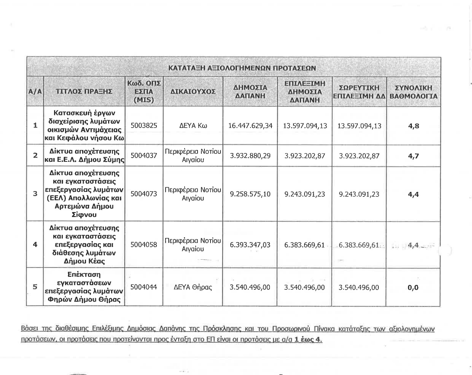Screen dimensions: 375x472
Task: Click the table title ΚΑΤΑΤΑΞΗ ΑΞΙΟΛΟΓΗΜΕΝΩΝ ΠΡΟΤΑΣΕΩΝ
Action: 242,68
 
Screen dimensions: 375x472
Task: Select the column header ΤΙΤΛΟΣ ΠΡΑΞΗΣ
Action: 84,91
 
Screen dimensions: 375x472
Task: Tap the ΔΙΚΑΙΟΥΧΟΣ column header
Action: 193,91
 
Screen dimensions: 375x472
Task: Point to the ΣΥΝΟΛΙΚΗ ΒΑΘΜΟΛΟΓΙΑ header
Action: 413,92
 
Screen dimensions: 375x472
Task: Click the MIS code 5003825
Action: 144,126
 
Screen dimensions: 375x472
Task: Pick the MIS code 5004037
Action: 144,156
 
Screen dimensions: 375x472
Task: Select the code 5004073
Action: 144,194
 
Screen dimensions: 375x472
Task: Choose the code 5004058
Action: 144,245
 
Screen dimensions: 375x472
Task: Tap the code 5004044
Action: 144,287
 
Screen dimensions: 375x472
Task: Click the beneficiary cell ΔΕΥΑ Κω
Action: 193,126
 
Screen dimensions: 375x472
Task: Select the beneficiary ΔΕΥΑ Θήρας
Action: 193,287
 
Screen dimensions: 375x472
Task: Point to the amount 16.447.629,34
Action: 250,126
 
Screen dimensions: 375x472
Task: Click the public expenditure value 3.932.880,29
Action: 250,156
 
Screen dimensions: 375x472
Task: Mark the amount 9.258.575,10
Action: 250,194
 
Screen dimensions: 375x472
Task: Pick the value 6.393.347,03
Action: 250,245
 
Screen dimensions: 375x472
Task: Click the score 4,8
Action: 413,126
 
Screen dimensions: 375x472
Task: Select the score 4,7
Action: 413,156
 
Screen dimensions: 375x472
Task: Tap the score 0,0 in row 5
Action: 413,287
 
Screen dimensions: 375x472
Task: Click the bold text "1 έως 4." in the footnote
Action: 308,340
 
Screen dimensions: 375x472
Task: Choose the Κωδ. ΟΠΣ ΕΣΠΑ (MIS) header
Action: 144,91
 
